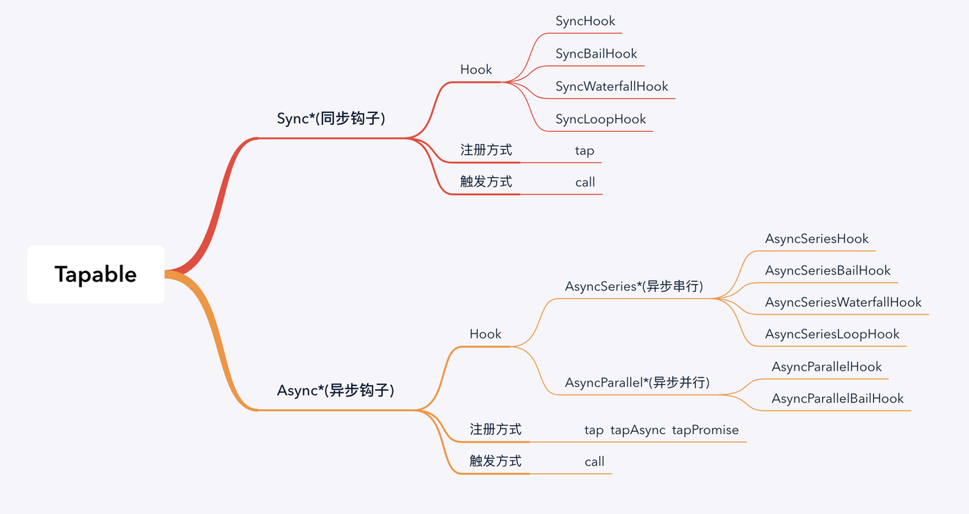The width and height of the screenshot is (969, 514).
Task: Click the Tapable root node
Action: (x=96, y=274)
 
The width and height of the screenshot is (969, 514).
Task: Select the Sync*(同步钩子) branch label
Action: (x=331, y=119)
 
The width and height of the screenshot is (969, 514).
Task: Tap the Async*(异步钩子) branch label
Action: (x=335, y=390)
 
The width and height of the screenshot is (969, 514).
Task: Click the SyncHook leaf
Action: (x=585, y=21)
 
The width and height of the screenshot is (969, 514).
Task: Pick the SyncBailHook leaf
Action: (x=596, y=54)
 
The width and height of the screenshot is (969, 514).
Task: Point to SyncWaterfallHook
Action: (x=612, y=86)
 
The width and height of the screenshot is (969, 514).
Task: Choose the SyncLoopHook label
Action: (x=600, y=119)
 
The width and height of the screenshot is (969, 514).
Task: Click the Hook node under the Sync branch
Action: (x=476, y=69)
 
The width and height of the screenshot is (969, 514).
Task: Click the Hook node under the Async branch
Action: (x=485, y=334)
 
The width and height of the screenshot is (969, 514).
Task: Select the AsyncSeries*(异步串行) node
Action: (x=634, y=287)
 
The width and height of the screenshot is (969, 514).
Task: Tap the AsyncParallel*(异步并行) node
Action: (x=637, y=383)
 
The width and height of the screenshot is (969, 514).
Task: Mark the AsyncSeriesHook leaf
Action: (x=816, y=239)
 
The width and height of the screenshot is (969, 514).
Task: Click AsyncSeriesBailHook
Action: (x=827, y=270)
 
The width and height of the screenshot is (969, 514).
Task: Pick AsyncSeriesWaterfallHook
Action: (x=842, y=302)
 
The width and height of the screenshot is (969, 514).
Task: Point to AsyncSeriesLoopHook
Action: (x=832, y=334)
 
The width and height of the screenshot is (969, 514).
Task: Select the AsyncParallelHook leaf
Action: (x=826, y=367)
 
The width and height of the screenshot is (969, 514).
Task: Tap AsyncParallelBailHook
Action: (x=837, y=398)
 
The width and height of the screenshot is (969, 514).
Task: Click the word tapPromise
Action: (x=705, y=430)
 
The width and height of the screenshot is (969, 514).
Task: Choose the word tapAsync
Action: (x=637, y=430)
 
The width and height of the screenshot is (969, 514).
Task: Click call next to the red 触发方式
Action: (x=585, y=182)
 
